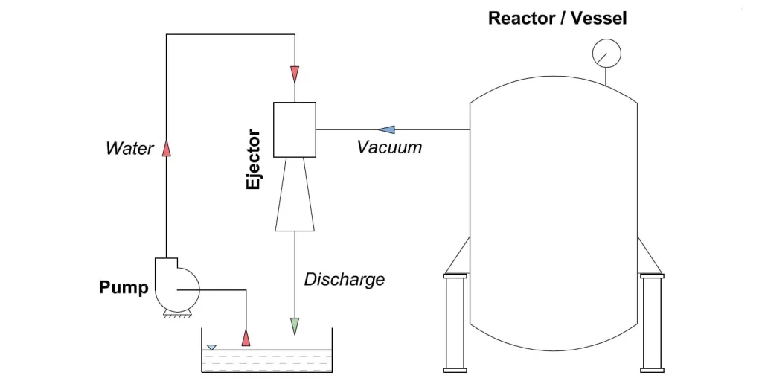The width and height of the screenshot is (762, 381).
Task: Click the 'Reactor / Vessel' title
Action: click(557, 18)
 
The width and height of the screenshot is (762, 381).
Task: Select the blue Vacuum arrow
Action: click(385, 129)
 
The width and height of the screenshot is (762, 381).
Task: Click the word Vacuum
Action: click(389, 147)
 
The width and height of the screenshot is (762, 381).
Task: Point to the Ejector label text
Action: click(254, 160)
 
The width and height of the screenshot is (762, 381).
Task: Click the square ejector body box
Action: click(295, 129)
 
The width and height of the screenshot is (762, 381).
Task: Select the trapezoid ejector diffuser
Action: click(295, 195)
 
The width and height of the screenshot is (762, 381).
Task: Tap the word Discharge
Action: click(345, 280)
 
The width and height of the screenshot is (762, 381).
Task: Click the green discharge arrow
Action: click(295, 326)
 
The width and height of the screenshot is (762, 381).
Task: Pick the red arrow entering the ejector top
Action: click(295, 74)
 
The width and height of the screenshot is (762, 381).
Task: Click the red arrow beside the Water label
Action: click(167, 147)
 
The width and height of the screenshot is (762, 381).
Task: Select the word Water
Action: click(129, 148)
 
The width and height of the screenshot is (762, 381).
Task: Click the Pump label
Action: click(124, 287)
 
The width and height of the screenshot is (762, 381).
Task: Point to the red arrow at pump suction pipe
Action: click(246, 337)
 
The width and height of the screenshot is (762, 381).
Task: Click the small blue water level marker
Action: click(212, 347)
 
